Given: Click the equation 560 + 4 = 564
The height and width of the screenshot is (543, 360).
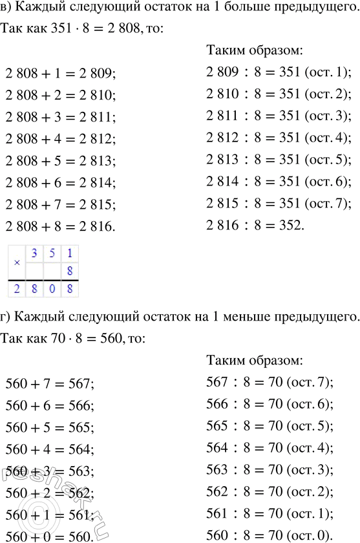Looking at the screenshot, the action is coord(49,451).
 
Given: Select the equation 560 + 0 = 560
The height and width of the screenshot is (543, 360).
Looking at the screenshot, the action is coord(49,536).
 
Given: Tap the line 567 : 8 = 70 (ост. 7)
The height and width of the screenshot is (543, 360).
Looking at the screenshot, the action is coord(268,383).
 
